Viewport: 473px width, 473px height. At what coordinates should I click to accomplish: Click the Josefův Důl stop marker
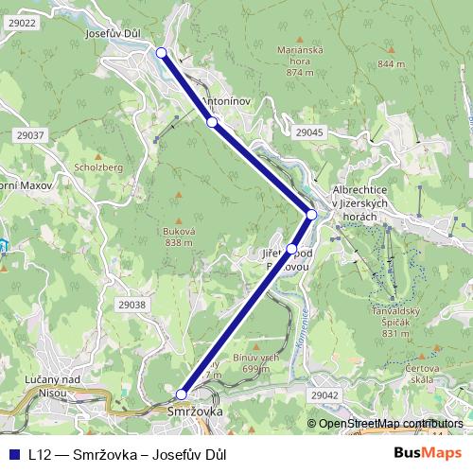(161, 53)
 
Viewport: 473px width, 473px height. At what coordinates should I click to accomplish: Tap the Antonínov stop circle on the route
(213, 122)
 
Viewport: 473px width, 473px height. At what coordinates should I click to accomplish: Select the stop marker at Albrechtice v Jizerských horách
(311, 215)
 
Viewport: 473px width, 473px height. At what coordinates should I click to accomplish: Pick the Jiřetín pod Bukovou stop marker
(291, 250)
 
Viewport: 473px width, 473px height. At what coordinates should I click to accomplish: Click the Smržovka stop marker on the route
(182, 394)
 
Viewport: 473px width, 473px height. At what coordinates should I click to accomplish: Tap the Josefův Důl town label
(113, 33)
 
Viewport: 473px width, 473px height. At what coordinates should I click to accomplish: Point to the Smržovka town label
(194, 412)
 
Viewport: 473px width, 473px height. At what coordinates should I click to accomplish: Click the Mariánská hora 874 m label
(299, 60)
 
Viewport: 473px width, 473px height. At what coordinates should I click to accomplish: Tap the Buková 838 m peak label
(179, 236)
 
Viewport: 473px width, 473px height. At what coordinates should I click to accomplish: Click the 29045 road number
(308, 132)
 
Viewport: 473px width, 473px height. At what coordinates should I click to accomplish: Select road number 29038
(132, 305)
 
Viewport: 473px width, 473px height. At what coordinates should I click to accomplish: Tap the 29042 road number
(324, 395)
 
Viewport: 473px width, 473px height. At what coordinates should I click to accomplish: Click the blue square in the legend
(12, 454)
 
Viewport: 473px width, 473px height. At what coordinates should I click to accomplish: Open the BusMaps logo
(428, 453)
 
